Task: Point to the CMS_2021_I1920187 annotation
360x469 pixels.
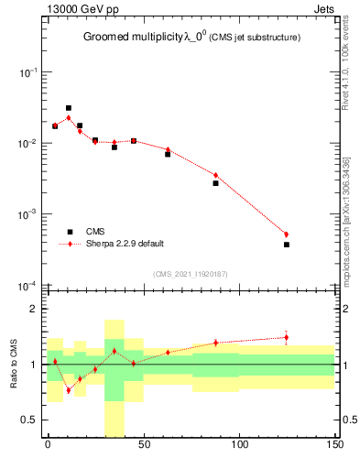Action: click(x=190, y=273)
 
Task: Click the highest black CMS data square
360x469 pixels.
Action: click(x=69, y=108)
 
